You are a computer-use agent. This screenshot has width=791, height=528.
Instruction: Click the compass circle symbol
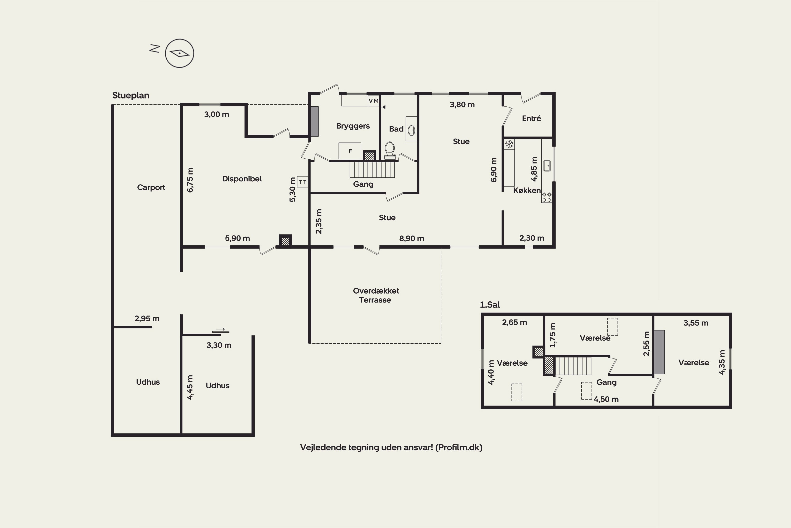click(x=179, y=53)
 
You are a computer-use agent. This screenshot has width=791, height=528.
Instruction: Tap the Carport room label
click(x=151, y=187)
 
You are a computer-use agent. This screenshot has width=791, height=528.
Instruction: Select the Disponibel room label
click(x=242, y=179)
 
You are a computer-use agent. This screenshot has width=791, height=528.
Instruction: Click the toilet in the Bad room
click(x=390, y=150)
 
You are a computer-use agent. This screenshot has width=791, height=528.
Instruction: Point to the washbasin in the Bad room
click(x=411, y=130)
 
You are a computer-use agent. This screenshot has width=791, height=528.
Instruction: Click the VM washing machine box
click(x=374, y=101)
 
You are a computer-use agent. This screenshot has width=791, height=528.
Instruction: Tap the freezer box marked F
click(x=350, y=150)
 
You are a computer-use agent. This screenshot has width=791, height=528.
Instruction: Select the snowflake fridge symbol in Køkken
click(x=509, y=144)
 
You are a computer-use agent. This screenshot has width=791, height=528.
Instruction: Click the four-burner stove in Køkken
click(x=547, y=197)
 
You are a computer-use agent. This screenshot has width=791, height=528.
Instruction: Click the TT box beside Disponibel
click(x=303, y=182)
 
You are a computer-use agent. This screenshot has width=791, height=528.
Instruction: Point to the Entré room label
click(x=531, y=118)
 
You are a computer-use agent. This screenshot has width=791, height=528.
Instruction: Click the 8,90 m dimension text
click(x=412, y=238)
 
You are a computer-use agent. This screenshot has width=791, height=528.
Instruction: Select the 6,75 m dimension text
click(x=190, y=180)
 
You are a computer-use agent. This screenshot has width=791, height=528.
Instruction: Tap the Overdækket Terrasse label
click(x=376, y=295)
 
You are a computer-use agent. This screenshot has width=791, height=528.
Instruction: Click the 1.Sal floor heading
click(x=490, y=305)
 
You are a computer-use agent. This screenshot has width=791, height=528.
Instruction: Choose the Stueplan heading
click(x=131, y=95)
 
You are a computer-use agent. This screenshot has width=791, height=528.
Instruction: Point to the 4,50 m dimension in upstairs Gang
click(x=606, y=399)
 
